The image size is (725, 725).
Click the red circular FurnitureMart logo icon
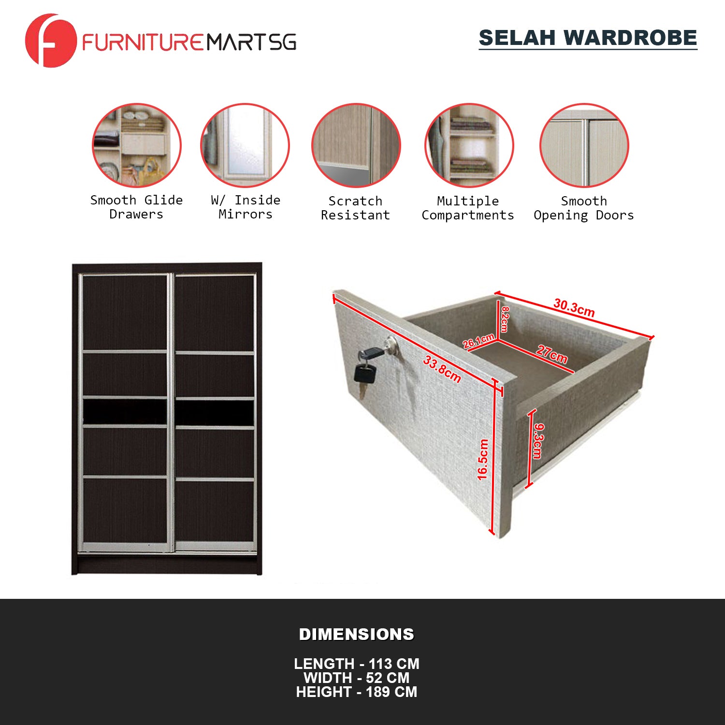[51, 41]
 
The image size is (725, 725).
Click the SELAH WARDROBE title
[588, 38]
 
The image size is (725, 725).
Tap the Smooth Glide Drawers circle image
[137, 145]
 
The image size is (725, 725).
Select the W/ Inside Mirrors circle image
[245, 145]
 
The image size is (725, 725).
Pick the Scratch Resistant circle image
[356, 145]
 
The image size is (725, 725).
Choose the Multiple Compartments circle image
[469, 145]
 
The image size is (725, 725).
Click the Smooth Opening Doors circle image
[584, 145]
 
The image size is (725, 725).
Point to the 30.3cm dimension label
[574, 307]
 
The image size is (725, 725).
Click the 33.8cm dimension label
[442, 369]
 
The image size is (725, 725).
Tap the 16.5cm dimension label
[483, 459]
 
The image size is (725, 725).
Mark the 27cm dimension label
[551, 354]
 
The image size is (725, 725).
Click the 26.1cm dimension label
[478, 341]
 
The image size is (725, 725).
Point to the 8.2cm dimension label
[504, 319]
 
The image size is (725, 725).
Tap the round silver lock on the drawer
[391, 345]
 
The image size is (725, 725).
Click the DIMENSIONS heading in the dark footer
[357, 634]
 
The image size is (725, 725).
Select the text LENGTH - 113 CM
[357, 664]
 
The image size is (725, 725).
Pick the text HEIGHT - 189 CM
[357, 692]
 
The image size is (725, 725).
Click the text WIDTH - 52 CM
[357, 678]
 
